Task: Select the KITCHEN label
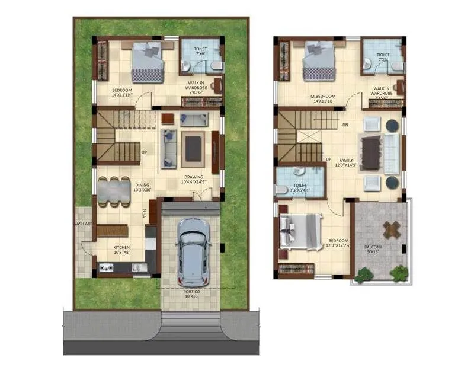[121, 248]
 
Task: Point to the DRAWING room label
[193, 177]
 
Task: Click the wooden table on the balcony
[391, 228]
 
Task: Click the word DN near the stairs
[345, 125]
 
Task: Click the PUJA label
[144, 212]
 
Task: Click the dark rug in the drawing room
[193, 148]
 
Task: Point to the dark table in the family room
[371, 153]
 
